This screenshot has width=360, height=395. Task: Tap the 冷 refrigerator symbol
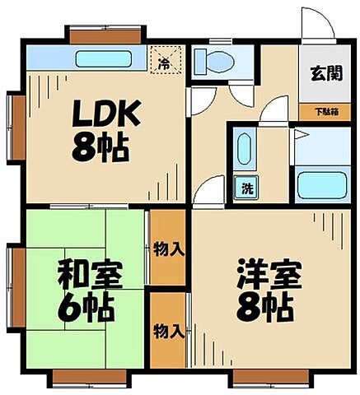165,61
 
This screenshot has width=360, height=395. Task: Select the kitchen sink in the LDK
105,59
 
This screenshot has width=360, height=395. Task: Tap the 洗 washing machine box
246,188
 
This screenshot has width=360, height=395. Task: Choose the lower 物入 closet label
169,331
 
